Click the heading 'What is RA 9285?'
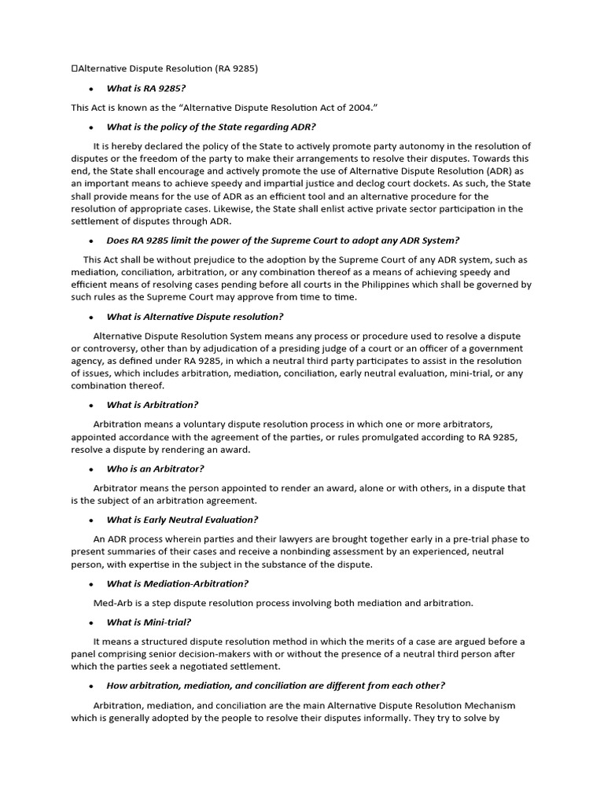coord(146,88)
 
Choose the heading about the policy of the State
coord(211,127)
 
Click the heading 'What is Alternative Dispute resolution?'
coord(195,317)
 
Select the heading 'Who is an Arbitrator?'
coord(155,469)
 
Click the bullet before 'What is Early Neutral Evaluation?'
coord(91,520)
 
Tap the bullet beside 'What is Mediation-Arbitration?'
coord(91,584)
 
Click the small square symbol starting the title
coord(74,68)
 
